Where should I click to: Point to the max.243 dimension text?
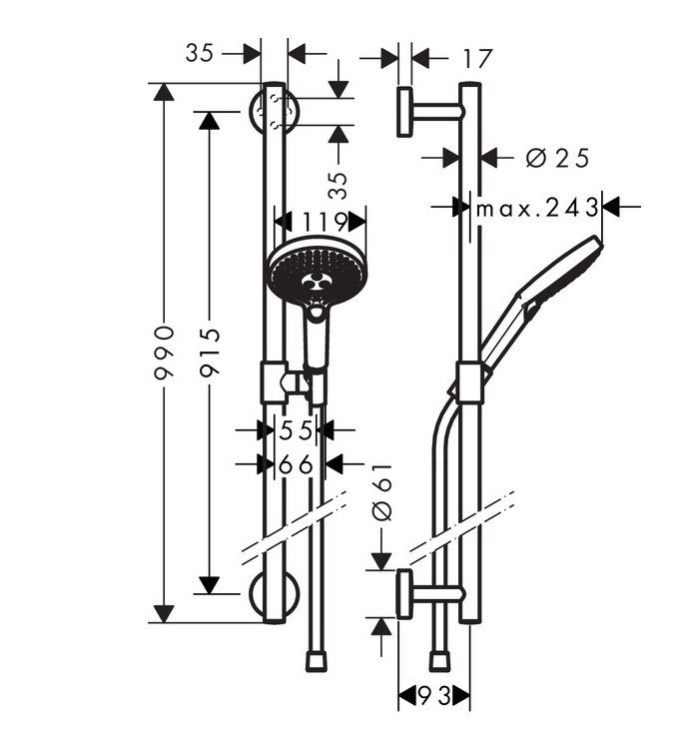point(536,208)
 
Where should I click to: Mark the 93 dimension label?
point(432,694)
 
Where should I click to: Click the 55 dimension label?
point(296,430)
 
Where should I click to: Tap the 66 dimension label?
point(296,464)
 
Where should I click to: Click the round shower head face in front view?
point(313,271)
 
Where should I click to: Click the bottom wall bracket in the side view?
point(410,596)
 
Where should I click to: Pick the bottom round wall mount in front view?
point(273,597)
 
